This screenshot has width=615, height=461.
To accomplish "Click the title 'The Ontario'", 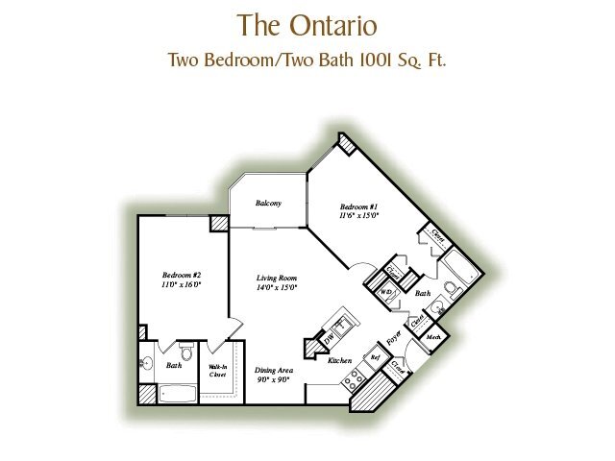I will click(307, 23).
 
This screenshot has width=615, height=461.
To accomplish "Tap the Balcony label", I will click(268, 204).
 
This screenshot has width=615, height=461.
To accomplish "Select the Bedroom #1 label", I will click(359, 211).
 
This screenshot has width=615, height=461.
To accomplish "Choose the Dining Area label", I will click(273, 375).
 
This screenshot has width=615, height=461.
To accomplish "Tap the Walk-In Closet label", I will click(217, 371).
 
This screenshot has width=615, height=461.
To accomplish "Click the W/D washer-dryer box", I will click(386, 292).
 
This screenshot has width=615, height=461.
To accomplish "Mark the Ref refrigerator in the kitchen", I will click(376, 356).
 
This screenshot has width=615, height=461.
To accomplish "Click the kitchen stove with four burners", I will click(352, 377).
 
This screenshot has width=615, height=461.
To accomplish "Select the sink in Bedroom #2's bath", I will click(147, 364).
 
